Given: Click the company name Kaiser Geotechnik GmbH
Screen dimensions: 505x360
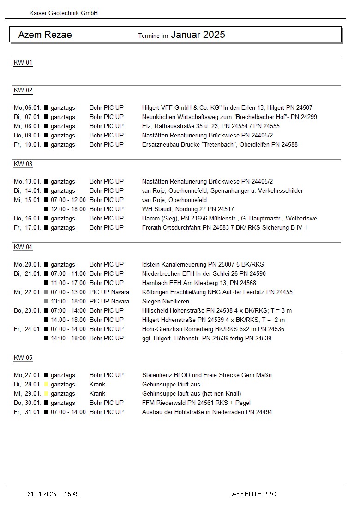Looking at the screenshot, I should click(x=64, y=13).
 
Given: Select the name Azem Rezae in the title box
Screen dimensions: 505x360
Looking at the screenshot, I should click(x=45, y=35).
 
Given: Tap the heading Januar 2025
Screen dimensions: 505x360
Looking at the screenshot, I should click(x=198, y=35).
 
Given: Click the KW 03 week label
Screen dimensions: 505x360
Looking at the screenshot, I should click(x=23, y=164).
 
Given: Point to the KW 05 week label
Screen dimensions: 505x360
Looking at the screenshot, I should click(x=23, y=357).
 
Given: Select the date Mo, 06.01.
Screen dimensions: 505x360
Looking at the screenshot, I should click(x=28, y=107).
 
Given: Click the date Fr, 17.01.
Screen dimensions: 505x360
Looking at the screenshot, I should click(x=28, y=227).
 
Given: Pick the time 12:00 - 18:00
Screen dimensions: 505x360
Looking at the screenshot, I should click(x=68, y=209).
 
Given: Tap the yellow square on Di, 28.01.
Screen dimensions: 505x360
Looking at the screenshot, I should click(x=46, y=384).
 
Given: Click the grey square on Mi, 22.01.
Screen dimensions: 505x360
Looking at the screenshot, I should click(x=46, y=292).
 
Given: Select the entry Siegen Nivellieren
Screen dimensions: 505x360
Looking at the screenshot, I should click(x=166, y=301).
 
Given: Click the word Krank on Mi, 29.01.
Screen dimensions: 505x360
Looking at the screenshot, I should click(x=97, y=393).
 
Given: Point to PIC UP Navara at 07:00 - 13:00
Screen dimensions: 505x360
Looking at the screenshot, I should click(x=109, y=292).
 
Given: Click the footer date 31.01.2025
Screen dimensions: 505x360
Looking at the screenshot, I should click(x=42, y=494).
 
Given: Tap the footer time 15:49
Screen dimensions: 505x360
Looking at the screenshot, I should click(x=72, y=494).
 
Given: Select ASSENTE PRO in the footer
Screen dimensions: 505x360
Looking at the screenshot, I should click(x=254, y=494).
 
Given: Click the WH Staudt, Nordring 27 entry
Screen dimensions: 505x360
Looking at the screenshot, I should click(x=188, y=209).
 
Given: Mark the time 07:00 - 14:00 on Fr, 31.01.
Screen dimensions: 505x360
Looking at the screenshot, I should click(x=68, y=412).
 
